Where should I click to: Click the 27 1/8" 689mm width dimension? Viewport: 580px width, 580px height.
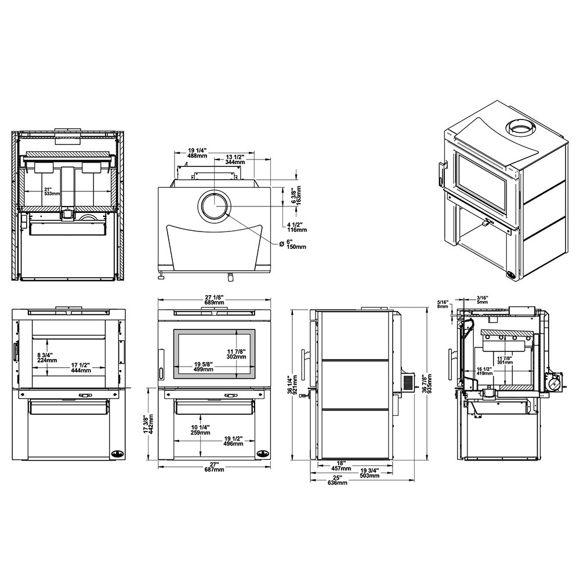tap(214, 300)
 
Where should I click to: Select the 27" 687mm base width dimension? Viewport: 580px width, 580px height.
tap(214, 467)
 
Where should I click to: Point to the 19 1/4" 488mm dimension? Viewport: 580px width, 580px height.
tap(197, 153)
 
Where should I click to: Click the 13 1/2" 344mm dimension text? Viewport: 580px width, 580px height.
tap(235, 159)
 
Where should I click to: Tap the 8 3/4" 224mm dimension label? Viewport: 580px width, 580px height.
tap(47, 358)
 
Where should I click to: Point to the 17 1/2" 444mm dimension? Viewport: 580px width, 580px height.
tap(81, 368)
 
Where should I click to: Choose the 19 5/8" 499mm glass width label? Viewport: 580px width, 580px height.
tap(204, 367)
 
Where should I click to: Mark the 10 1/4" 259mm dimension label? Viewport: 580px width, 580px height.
tap(200, 430)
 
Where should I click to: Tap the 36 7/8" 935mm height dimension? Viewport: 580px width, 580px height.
tap(426, 385)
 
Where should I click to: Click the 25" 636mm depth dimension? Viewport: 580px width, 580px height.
tap(337, 480)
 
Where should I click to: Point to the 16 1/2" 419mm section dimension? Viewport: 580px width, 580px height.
tap(484, 371)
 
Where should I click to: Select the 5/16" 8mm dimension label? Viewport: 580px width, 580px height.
tap(443, 304)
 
